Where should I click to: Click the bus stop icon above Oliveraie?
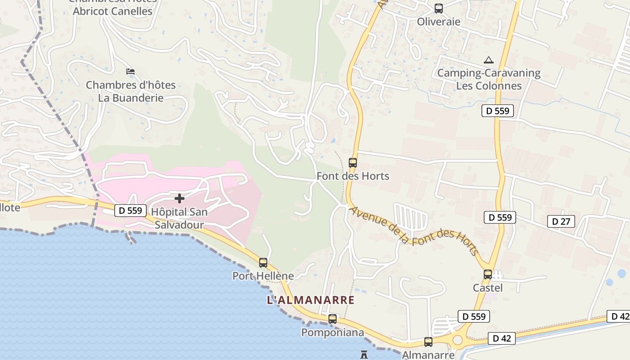pyautogui.click(x=438, y=8)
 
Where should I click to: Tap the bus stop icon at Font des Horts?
pyautogui.click(x=353, y=163)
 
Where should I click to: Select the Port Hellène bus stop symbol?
pyautogui.click(x=263, y=263)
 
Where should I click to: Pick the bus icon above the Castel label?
pyautogui.click(x=488, y=274)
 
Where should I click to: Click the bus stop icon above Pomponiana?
pyautogui.click(x=333, y=319)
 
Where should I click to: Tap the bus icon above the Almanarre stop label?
pyautogui.click(x=428, y=342)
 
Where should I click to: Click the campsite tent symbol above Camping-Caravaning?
pyautogui.click(x=488, y=60)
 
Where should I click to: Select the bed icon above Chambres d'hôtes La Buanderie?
pyautogui.click(x=130, y=72)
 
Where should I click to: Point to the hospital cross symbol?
pyautogui.click(x=180, y=198)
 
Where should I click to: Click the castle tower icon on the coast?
pyautogui.click(x=364, y=355)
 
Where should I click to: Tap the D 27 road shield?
pyautogui.click(x=561, y=221)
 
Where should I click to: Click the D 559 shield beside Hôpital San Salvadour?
pyautogui.click(x=130, y=210)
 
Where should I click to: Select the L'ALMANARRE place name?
pyautogui.click(x=310, y=300)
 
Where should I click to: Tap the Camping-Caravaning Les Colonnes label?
pyautogui.click(x=489, y=79)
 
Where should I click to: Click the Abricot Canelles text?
pyautogui.click(x=112, y=11)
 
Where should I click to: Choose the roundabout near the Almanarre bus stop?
pyautogui.click(x=458, y=340)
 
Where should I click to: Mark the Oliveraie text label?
pyautogui.click(x=438, y=22)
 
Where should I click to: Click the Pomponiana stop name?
pyautogui.click(x=333, y=333)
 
